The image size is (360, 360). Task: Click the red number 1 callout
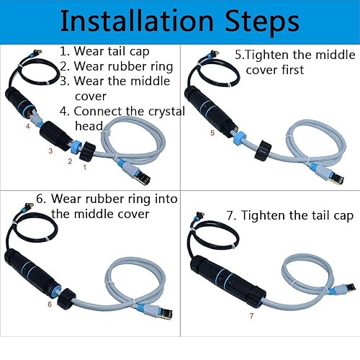click(x=86, y=168)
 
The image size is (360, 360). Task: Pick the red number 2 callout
click(x=70, y=161)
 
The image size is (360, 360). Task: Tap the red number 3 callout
click(x=50, y=150)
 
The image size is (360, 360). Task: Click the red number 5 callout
click(x=211, y=133)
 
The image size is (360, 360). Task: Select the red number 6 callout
click(x=49, y=305)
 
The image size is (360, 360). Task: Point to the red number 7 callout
click(x=251, y=315)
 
